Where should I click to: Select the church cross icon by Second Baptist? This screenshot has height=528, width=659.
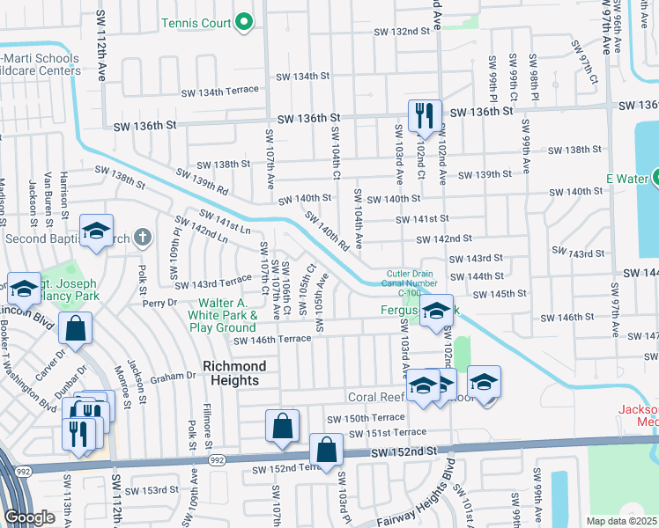tap(144, 238)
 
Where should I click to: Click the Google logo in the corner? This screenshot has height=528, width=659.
tap(29, 517)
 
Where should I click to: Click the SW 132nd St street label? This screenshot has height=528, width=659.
tap(401, 31)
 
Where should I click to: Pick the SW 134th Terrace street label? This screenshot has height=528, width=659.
tap(219, 91)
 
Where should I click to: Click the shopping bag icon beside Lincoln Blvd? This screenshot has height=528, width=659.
tap(76, 328)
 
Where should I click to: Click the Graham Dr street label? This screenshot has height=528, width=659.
tap(172, 375)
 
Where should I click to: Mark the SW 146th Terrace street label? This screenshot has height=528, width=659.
tap(271, 340)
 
